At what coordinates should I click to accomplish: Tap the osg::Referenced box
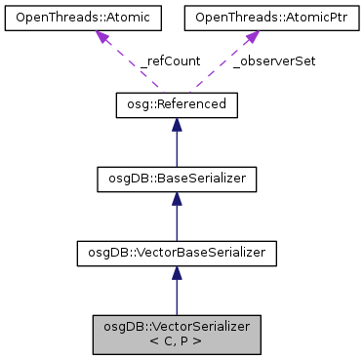176,103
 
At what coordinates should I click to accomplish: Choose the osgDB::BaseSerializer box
176,179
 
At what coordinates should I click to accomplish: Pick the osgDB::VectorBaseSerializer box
176,254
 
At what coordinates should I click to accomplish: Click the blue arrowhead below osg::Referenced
176,125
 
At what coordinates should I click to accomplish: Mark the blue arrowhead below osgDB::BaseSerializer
176,200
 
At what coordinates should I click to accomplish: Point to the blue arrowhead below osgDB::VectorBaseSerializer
176,275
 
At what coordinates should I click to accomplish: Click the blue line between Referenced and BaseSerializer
176,148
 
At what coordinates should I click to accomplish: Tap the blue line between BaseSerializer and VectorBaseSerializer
176,223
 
